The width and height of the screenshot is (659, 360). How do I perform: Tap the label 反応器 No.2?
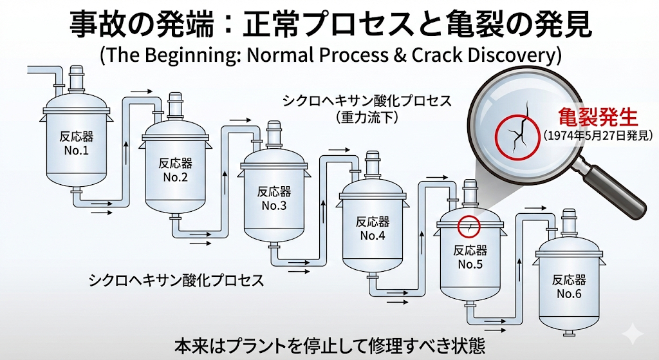[x=175, y=170]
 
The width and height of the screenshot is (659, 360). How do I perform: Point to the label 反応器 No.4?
[x=373, y=228]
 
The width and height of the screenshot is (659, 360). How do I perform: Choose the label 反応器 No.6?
[x=570, y=287]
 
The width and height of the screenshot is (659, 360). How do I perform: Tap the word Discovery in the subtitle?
[x=515, y=55]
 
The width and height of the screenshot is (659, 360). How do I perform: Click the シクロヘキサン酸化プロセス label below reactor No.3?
[x=176, y=281]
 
